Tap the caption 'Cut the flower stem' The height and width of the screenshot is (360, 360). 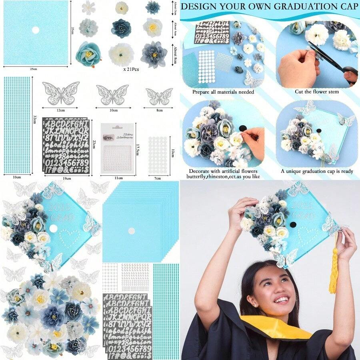click(316, 92)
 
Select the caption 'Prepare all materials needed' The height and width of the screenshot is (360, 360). click(223, 92)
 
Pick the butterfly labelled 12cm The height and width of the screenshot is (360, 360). click(61, 93)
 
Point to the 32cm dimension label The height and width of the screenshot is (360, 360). click(35, 120)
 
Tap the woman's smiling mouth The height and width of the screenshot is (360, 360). click(282, 299)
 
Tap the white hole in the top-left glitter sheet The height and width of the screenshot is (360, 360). click(35, 30)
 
